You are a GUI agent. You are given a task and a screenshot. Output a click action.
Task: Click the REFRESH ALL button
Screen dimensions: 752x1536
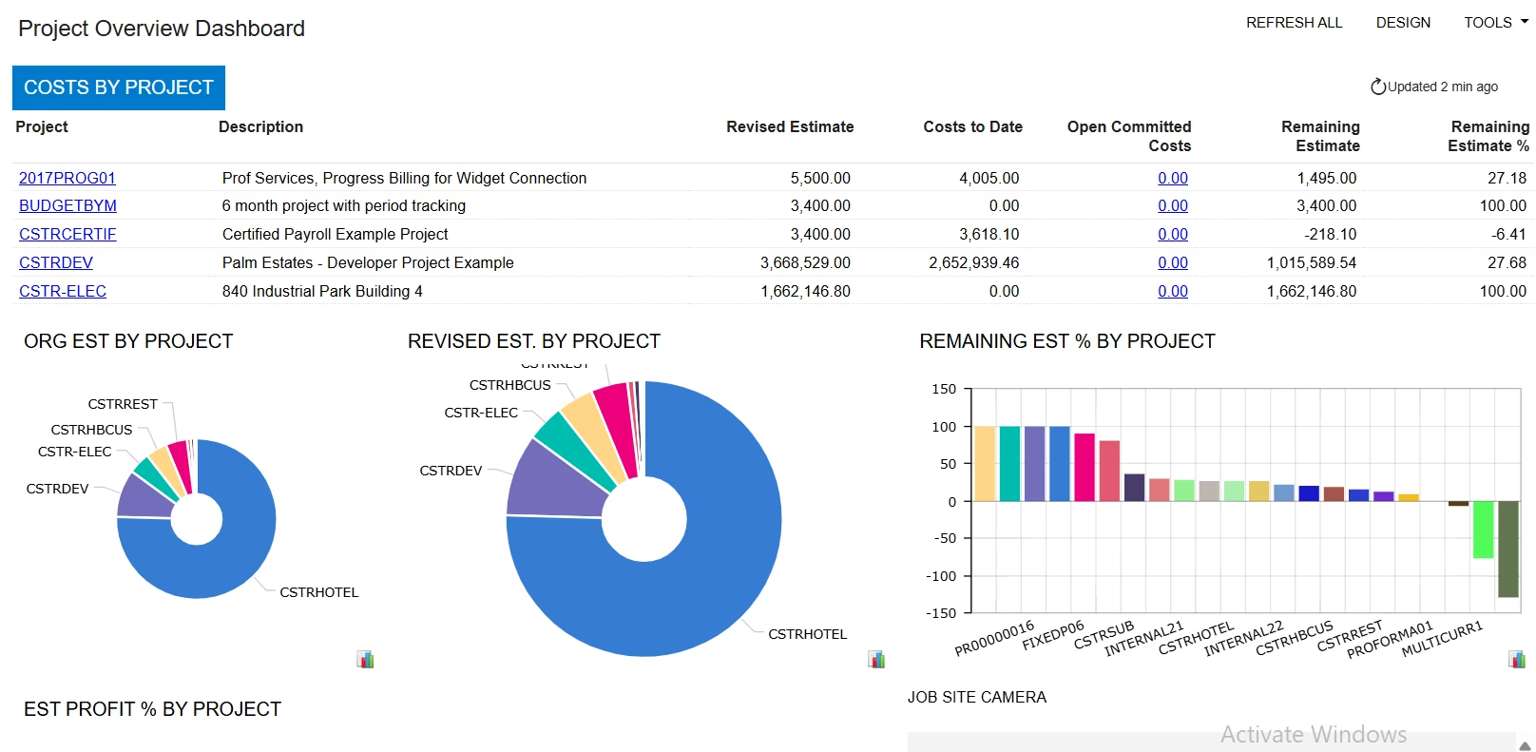point(1294,23)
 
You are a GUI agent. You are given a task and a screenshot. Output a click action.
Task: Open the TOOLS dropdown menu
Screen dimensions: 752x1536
point(1495,23)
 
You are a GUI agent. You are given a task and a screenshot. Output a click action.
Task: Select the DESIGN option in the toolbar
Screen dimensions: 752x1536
point(1403,23)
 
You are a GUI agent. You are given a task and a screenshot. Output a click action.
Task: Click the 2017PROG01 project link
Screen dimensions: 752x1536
point(67,178)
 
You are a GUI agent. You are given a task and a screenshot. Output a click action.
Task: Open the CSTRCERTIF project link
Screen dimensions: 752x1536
point(67,234)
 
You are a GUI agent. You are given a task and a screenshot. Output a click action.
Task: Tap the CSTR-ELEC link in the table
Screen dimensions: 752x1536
point(63,291)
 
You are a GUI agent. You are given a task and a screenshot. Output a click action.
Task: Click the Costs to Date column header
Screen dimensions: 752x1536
point(972,126)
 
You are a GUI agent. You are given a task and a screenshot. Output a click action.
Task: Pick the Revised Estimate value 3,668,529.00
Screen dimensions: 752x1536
point(805,262)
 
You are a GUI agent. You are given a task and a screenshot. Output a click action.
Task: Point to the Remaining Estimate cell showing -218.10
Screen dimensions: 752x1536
point(1330,234)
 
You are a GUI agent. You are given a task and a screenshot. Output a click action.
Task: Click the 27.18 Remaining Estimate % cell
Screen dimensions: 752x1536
point(1507,178)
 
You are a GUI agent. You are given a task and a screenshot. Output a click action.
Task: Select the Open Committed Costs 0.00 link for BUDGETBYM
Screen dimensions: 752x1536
point(1173,205)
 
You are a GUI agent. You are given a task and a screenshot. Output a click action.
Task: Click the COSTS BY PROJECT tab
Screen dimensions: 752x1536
point(119,87)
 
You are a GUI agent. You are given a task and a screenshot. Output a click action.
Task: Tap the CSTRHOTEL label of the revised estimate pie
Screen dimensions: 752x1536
point(807,634)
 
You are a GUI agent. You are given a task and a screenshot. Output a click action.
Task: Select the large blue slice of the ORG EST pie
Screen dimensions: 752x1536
point(219,570)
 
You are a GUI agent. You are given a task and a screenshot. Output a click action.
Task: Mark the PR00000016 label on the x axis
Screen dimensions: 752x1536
point(994,638)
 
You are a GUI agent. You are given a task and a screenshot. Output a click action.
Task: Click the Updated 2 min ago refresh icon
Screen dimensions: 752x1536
point(1377,87)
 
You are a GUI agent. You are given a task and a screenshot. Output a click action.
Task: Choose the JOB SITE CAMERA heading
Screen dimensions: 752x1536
point(976,697)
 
